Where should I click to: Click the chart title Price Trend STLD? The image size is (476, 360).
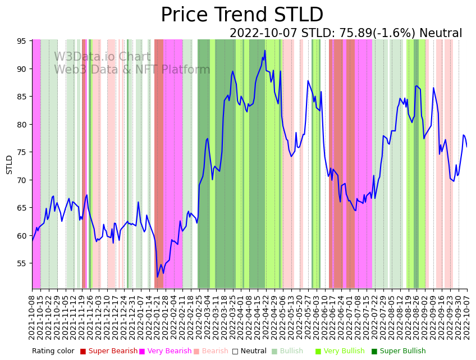(242, 15)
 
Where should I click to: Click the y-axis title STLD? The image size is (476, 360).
(10, 165)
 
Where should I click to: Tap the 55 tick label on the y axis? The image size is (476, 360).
(22, 263)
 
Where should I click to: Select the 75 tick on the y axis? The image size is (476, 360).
(22, 152)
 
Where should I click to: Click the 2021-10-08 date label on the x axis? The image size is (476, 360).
(33, 317)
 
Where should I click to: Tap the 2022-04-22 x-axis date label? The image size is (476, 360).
(265, 317)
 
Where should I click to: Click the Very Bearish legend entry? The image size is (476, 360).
(169, 352)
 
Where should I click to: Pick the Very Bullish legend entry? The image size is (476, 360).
(345, 352)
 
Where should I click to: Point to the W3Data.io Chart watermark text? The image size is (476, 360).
(102, 57)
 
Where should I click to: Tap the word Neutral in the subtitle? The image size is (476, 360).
(441, 34)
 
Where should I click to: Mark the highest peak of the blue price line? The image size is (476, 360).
(265, 51)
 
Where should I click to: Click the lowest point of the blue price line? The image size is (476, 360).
(157, 277)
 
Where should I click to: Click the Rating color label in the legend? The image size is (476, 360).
(53, 352)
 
